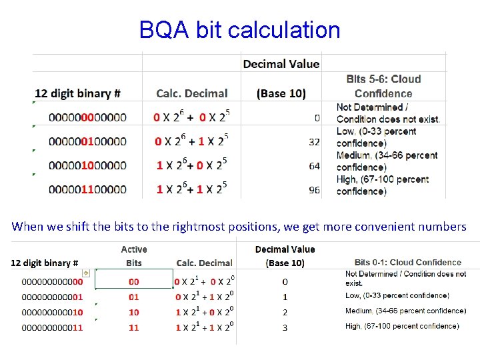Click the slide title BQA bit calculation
239,30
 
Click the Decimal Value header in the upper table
281,64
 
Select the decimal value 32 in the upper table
314,142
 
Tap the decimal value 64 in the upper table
314,166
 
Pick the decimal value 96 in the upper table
314,190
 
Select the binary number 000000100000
87,142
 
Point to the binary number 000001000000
87,166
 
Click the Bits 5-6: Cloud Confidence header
383,87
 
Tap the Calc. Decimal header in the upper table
192,94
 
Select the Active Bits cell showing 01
134,297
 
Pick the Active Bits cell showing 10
134,312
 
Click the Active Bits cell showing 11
134,327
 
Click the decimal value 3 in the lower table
285,327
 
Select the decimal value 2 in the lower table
285,312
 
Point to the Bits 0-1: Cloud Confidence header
408,263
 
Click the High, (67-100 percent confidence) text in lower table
402,327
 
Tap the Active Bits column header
134,256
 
